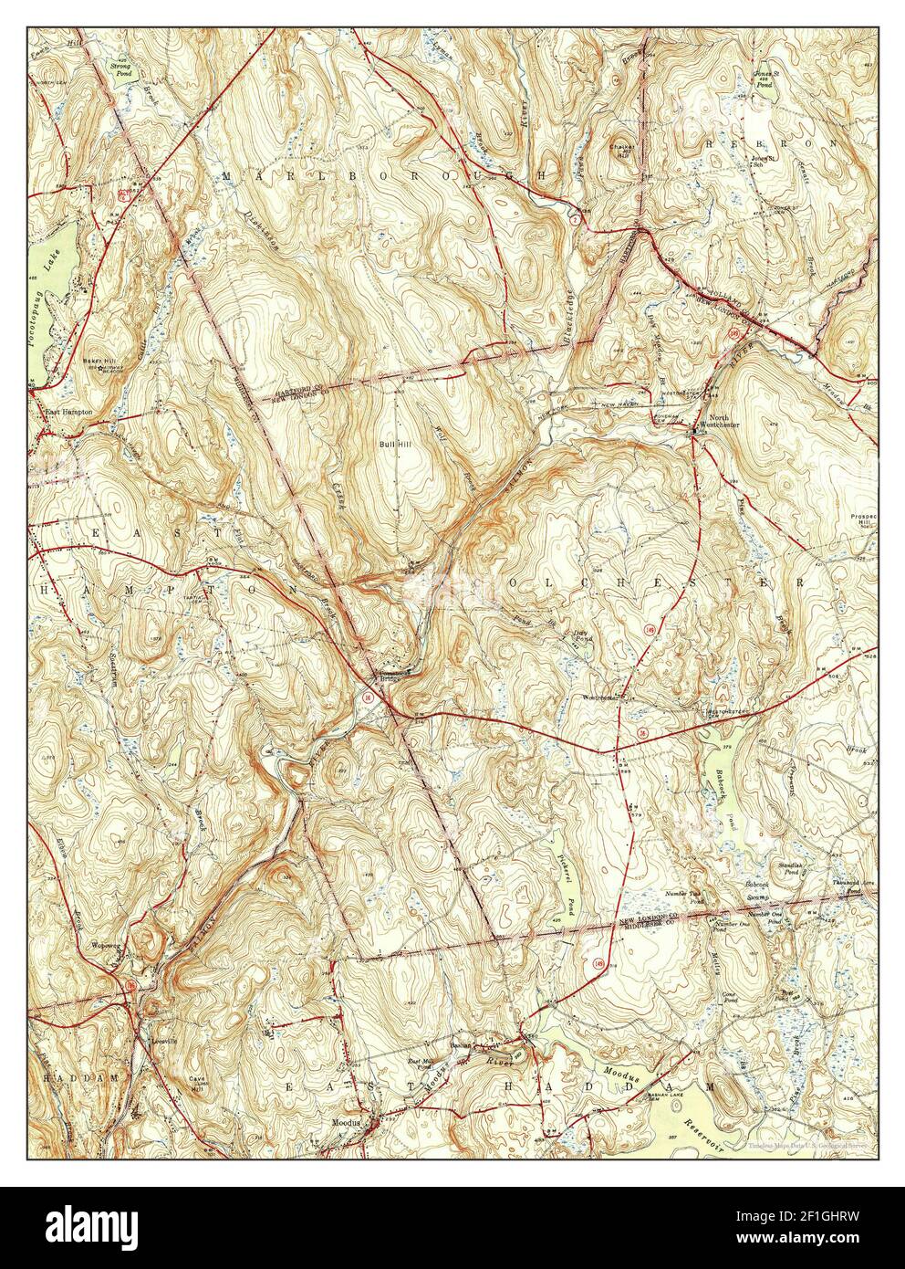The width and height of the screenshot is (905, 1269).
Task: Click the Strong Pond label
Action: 120,69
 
